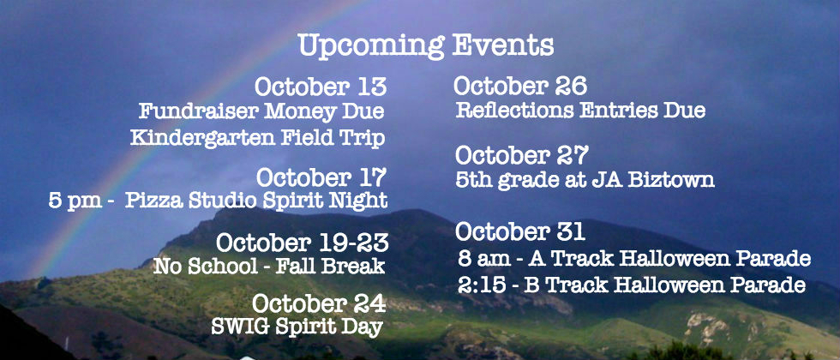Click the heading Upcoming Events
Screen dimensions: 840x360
(x=426, y=46)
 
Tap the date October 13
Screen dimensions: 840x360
(x=321, y=87)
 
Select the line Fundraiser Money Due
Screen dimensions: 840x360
(x=261, y=111)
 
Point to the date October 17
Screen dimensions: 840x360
(x=321, y=177)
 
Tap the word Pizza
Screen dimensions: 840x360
(x=155, y=201)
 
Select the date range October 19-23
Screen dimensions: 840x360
(x=302, y=243)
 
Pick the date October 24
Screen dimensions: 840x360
(x=319, y=303)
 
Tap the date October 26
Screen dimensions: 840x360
(x=520, y=86)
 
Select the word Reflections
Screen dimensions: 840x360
(x=515, y=111)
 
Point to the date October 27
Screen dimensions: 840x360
(x=522, y=155)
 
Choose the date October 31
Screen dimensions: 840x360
(x=519, y=232)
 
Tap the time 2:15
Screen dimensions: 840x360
(x=482, y=285)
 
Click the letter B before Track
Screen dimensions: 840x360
(x=531, y=285)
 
